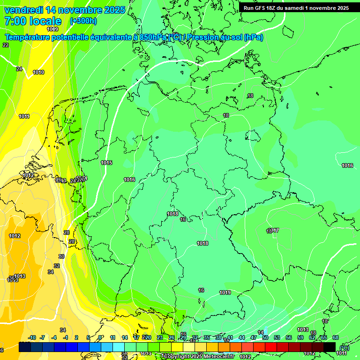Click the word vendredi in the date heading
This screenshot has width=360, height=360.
[x=23, y=10]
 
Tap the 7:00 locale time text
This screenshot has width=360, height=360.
[x=33, y=21]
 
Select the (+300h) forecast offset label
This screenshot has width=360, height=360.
[x=83, y=21]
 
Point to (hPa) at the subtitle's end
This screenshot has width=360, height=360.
[x=253, y=37]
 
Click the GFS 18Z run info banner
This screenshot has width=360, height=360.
[x=296, y=8]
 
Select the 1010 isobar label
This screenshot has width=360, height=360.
[x=38, y=73]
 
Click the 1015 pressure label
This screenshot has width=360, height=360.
[x=106, y=163]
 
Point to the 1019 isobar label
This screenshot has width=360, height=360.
[x=225, y=293]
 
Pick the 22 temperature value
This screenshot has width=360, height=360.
[x=6, y=45]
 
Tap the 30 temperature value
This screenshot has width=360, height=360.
[x=61, y=256]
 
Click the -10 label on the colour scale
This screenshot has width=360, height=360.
[x=32, y=337]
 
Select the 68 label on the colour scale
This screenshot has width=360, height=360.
[x=335, y=337]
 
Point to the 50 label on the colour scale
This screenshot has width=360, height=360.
[x=265, y=337]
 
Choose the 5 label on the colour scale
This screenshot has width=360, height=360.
[x=89, y=337]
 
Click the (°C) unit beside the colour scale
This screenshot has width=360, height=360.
[x=344, y=347]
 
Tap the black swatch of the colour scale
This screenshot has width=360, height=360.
[x=330, y=347]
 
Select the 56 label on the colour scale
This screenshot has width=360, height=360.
[x=289, y=337]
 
